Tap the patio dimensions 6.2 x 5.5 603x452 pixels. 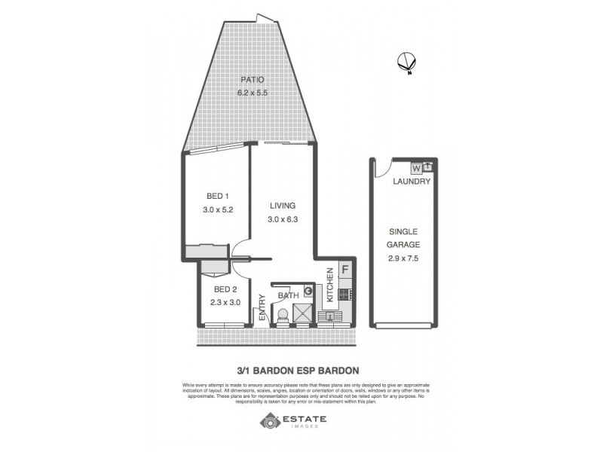(251, 93)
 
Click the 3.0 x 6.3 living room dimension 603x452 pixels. (283, 220)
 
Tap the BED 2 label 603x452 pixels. (225, 290)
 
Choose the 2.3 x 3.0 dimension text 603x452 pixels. (225, 304)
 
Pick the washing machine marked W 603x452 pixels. (416, 167)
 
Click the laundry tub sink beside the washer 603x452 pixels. (428, 167)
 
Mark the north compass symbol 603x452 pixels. (407, 63)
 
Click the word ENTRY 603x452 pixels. (262, 312)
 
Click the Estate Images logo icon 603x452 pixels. (268, 420)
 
